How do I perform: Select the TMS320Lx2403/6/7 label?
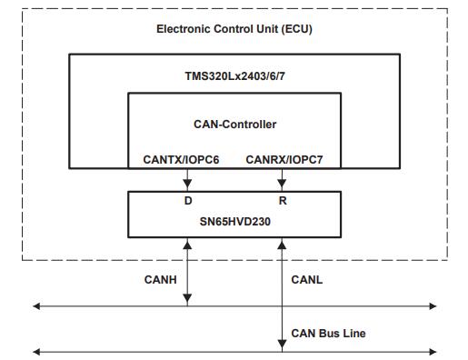(234, 77)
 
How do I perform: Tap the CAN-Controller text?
(234, 124)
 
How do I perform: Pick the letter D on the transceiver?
(188, 200)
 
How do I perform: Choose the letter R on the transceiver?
(283, 200)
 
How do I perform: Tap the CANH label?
(161, 280)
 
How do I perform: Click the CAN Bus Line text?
(329, 334)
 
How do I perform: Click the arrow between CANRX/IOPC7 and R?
(283, 180)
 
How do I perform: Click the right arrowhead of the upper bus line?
(432, 306)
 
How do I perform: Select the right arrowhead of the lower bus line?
(432, 350)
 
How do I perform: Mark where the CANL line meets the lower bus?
(283, 350)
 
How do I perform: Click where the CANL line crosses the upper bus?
(283, 306)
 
